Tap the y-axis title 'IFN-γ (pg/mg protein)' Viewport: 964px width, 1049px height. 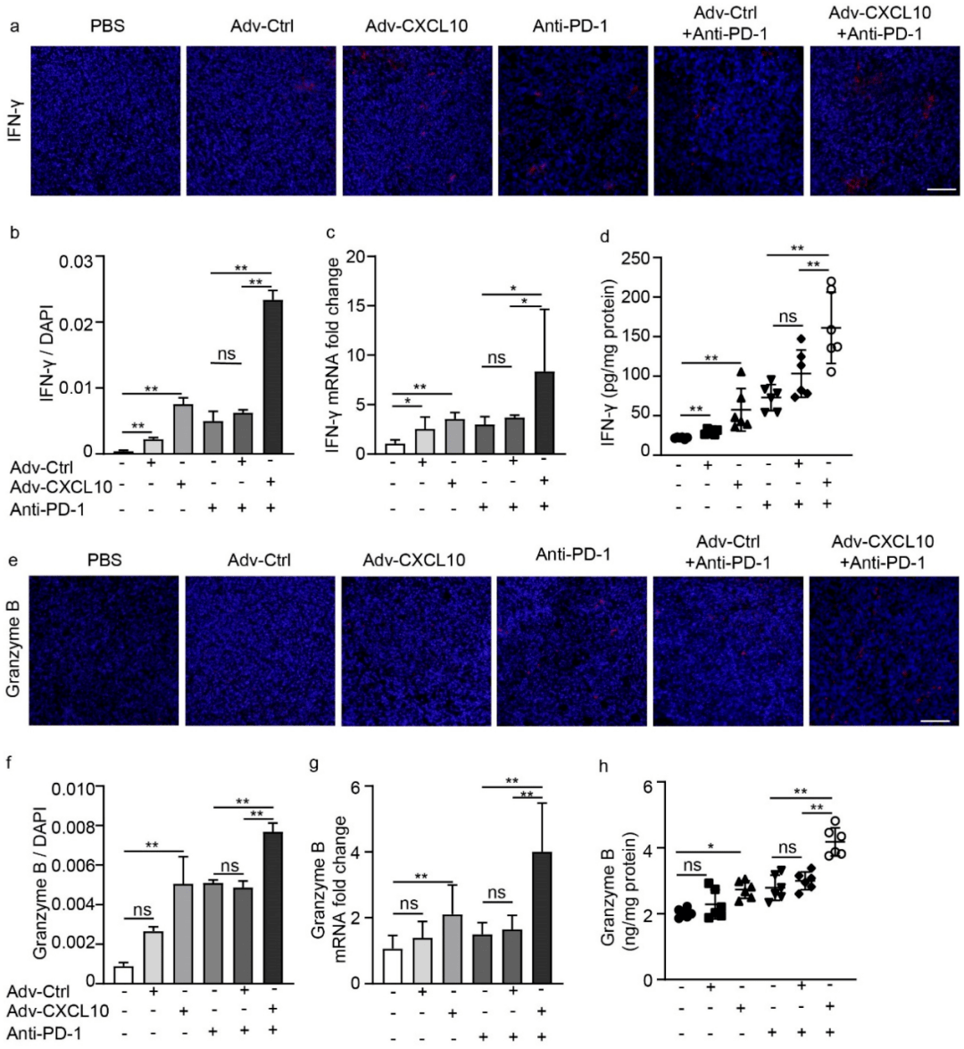[609, 362]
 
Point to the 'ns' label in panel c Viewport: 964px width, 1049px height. [495, 357]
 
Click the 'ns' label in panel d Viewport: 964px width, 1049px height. [785, 317]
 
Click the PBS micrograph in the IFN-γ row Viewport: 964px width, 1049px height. [104, 121]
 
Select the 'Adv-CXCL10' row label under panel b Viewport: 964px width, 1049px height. [61, 487]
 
